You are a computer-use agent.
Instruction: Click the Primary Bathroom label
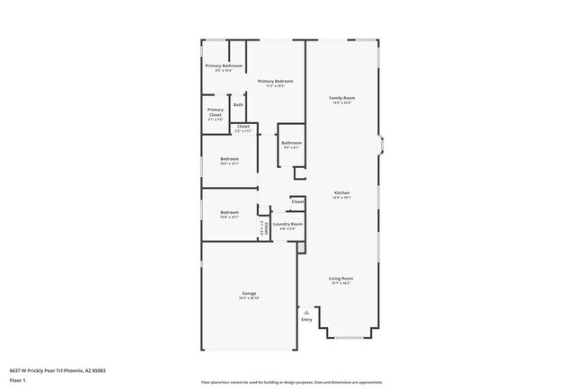[x=224, y=66]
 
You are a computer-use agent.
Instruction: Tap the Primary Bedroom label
[x=275, y=81]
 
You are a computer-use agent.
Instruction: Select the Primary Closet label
[x=215, y=112]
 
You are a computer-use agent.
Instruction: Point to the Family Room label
[x=341, y=97]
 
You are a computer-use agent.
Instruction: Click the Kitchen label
[x=342, y=193]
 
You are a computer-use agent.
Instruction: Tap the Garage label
[x=249, y=294]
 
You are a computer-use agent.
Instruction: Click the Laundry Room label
[x=288, y=224]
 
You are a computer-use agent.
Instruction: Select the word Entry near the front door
[x=306, y=319]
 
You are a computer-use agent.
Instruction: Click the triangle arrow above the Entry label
[x=306, y=312]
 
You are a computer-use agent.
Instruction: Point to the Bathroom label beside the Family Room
[x=291, y=142]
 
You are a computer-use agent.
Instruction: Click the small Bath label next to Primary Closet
[x=238, y=105]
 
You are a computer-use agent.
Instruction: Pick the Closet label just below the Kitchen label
[x=297, y=202]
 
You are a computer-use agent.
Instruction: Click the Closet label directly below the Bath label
[x=243, y=127]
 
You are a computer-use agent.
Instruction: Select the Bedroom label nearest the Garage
[x=229, y=212]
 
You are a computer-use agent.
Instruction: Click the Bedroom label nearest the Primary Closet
[x=229, y=159]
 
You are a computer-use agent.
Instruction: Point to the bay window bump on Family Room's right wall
[x=381, y=146]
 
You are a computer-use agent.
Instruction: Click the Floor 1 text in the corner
[x=18, y=380]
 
